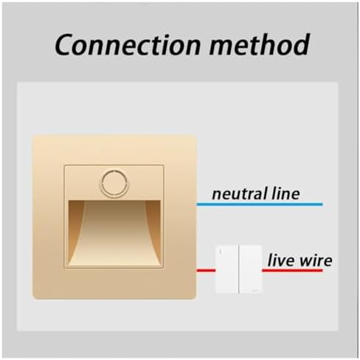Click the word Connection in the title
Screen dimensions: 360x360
point(128,44)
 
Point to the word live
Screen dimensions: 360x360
point(281,260)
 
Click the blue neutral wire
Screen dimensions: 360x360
point(260,204)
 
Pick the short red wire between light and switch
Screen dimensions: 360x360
point(206,271)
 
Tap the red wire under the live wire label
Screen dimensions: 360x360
point(292,271)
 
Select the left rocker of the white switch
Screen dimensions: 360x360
point(227,269)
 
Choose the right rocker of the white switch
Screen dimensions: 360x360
point(250,269)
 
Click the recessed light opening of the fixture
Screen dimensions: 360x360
point(114,233)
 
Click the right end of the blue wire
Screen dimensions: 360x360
point(322,204)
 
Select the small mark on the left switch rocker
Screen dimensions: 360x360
point(221,252)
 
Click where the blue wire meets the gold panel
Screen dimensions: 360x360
point(197,204)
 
